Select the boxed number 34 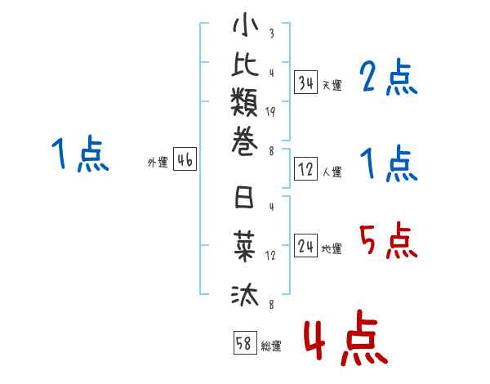click(306, 83)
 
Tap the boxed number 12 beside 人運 click(306, 170)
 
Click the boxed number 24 click(306, 246)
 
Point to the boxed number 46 click(185, 161)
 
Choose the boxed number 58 click(244, 344)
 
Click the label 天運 click(332, 85)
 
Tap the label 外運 click(158, 163)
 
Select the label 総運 click(271, 346)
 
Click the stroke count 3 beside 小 click(270, 34)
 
